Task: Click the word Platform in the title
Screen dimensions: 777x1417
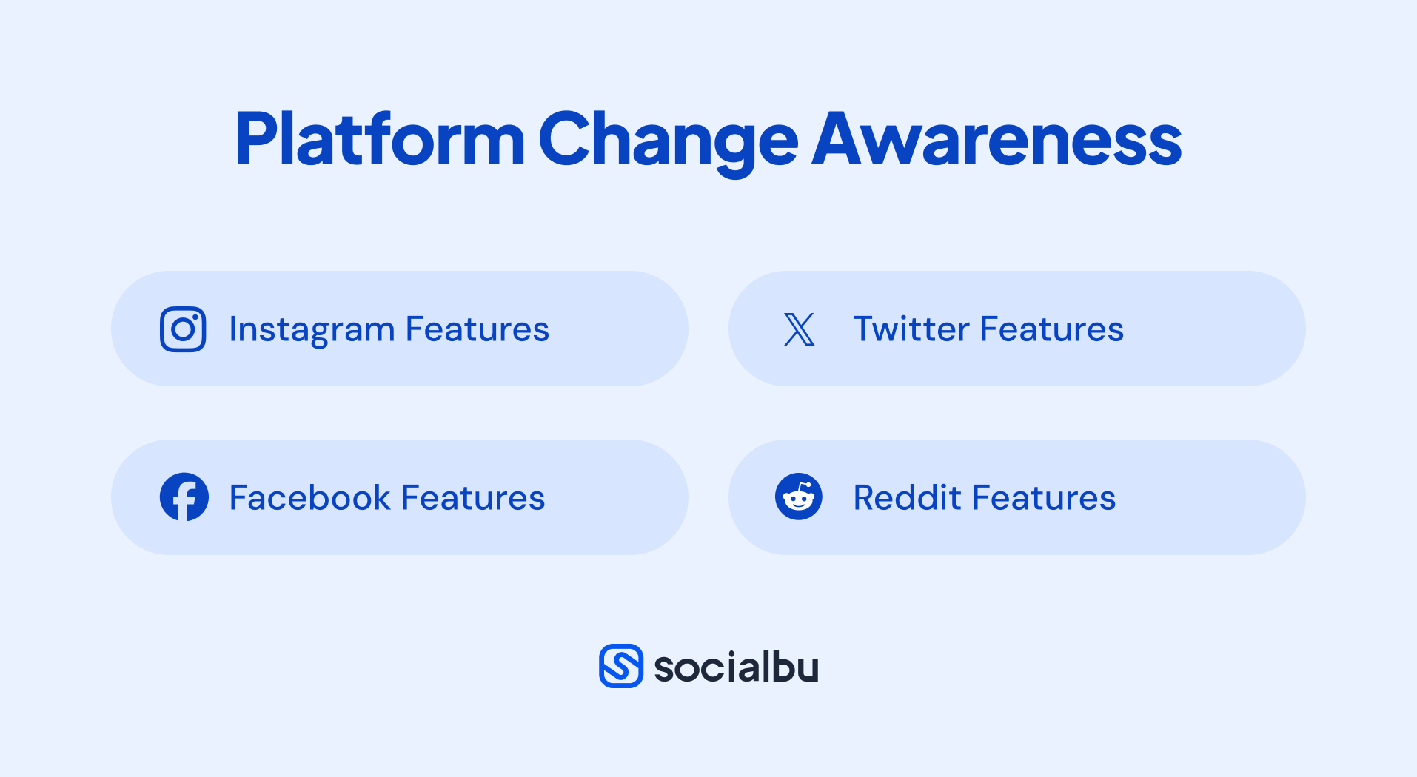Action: (x=380, y=139)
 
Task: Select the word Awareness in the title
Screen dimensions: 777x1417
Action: (x=996, y=139)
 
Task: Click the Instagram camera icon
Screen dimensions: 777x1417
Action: (x=183, y=329)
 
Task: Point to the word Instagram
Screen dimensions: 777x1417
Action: (x=312, y=330)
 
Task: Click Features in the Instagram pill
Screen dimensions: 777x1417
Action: (x=478, y=329)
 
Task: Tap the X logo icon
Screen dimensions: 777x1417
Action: (x=799, y=329)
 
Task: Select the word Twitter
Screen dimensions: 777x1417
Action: (x=911, y=329)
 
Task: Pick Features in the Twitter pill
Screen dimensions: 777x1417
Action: (x=1052, y=329)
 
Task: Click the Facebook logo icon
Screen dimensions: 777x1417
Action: (x=184, y=497)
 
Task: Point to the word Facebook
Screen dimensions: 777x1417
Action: (x=309, y=497)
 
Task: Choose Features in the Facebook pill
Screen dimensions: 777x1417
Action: (x=473, y=497)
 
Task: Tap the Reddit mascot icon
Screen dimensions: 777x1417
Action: (x=799, y=497)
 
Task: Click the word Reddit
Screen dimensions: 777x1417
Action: (x=907, y=497)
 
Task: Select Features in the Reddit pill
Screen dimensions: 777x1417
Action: (x=1044, y=497)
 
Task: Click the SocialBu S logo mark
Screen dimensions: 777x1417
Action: (x=621, y=666)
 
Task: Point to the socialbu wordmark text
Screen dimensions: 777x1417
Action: (x=737, y=667)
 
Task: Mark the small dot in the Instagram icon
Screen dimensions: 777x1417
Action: (x=195, y=317)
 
